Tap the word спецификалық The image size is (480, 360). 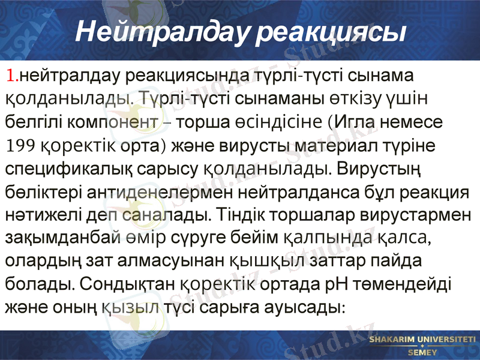point(62,169)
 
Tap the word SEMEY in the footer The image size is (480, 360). point(422,352)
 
